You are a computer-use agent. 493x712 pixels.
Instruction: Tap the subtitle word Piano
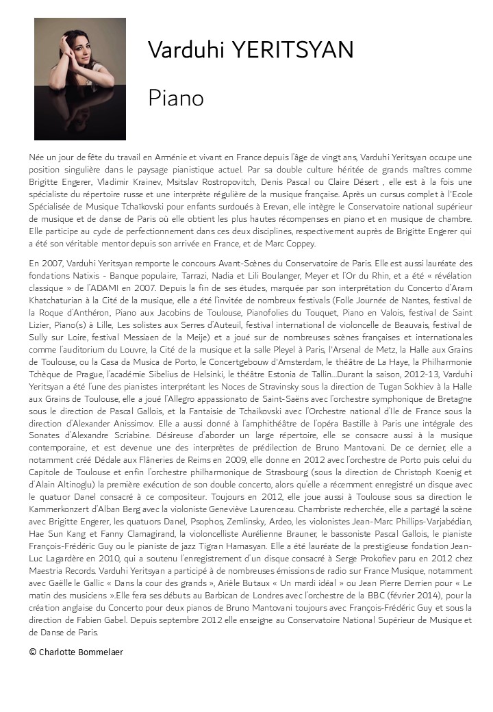pyautogui.click(x=176, y=99)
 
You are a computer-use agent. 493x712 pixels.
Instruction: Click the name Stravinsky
pyautogui.click(x=252, y=386)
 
